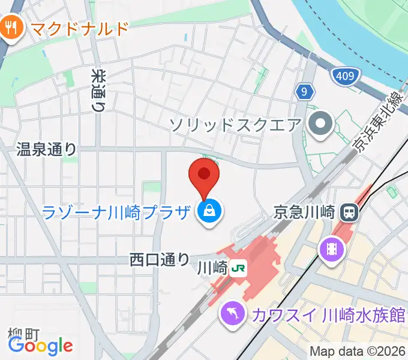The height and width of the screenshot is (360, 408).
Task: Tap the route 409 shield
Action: click(x=346, y=76)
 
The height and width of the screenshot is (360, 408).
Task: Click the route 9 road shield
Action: click(x=305, y=92)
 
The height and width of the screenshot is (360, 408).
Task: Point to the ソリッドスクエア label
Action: click(x=235, y=125)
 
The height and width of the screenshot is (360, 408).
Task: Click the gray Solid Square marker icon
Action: click(x=320, y=125)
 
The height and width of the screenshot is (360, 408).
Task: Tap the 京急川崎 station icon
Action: click(x=349, y=211)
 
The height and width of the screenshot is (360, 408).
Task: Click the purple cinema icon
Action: click(x=331, y=247)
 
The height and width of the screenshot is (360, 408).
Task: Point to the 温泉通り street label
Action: click(x=46, y=149)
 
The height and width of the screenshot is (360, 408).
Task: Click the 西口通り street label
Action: click(x=160, y=260)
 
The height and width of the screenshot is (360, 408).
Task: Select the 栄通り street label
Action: click(x=98, y=90)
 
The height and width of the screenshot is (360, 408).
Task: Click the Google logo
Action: click(x=40, y=345)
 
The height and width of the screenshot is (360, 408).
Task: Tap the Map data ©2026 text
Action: click(x=358, y=352)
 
